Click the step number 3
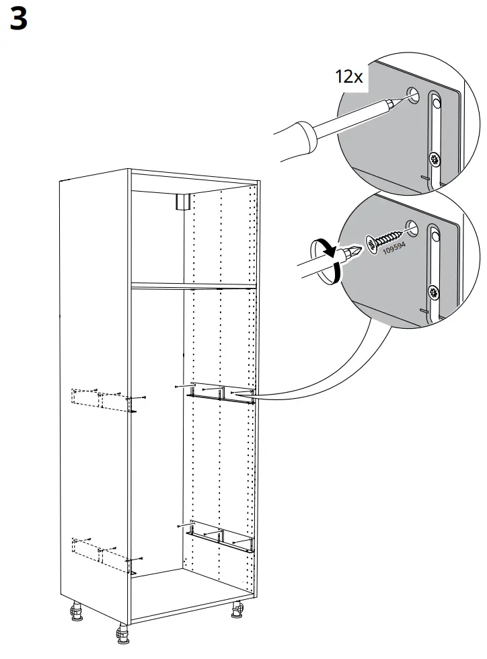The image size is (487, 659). tap(18, 20)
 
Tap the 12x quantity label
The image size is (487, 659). tap(349, 76)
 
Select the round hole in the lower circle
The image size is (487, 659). tap(413, 229)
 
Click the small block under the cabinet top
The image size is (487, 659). tap(182, 202)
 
